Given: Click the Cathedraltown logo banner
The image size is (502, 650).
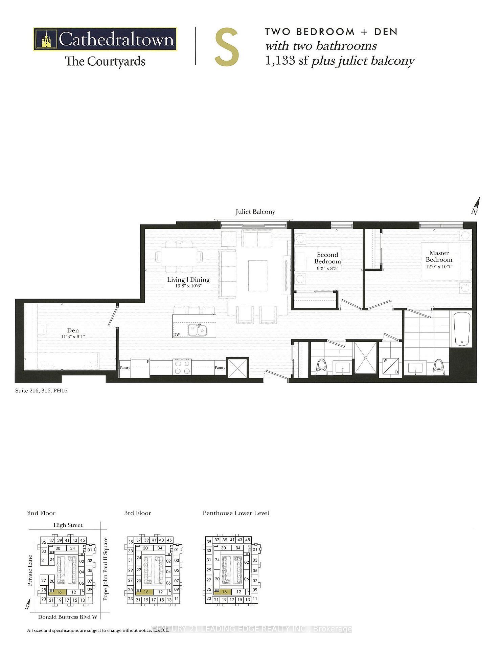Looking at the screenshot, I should click(x=105, y=39).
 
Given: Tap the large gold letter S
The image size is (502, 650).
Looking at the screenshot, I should click(x=227, y=48).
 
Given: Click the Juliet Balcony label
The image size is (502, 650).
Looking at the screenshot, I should click(x=255, y=212).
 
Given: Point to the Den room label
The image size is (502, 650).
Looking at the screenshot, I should click(x=73, y=330).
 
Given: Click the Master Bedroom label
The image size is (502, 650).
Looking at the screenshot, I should click(x=439, y=256).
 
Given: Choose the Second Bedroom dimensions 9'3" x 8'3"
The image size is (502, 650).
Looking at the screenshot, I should click(x=327, y=268).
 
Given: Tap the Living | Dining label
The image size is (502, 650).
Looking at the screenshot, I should click(x=188, y=280).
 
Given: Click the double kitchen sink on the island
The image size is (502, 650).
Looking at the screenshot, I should click(x=197, y=330).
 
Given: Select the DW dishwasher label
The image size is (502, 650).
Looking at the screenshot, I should click(x=177, y=334).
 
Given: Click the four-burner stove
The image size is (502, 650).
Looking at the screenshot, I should click(x=182, y=367).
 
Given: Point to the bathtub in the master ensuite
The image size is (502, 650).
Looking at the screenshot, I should click(x=461, y=329).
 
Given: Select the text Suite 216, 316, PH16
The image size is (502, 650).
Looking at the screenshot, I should click(x=41, y=391).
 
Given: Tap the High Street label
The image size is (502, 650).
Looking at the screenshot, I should click(x=68, y=525).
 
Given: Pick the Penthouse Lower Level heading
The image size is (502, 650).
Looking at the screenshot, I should click(x=236, y=513).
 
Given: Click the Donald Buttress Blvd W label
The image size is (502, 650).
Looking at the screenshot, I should click(x=68, y=617).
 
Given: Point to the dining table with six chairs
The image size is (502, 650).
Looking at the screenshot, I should click(x=179, y=257).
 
